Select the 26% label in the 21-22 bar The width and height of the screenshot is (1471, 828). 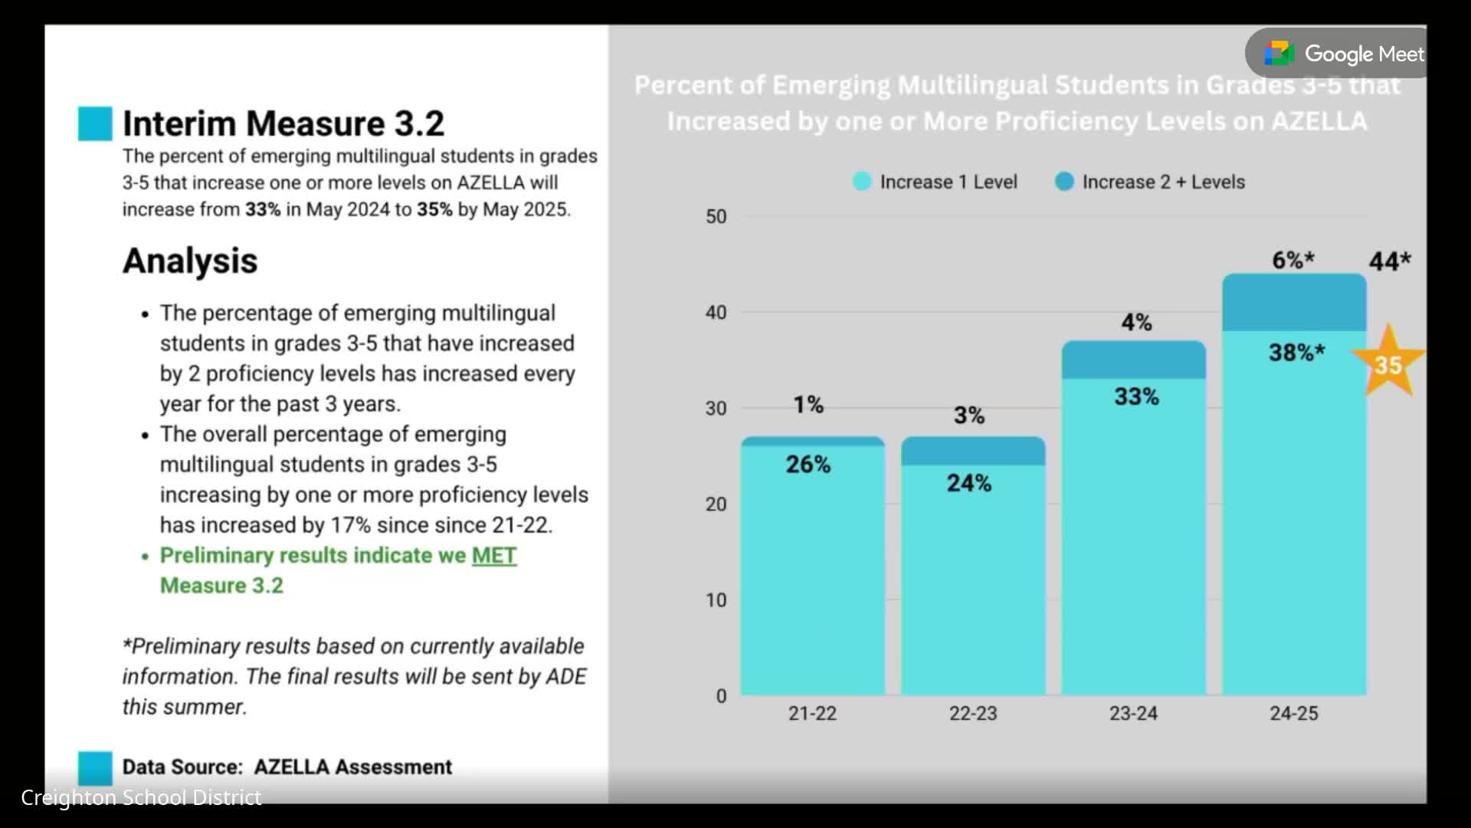(808, 465)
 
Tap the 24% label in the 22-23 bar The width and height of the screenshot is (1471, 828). (968, 483)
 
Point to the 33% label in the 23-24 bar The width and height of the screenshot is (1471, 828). (1136, 397)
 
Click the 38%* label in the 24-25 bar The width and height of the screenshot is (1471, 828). (1296, 353)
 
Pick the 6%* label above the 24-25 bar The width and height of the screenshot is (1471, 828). (1293, 261)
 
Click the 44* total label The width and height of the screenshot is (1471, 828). (1390, 261)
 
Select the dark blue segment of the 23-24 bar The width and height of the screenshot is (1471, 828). (1133, 360)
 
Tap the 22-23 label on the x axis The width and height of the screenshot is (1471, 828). (973, 714)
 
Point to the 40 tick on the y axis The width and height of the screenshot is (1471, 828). (716, 313)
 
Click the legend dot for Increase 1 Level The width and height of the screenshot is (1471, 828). (862, 182)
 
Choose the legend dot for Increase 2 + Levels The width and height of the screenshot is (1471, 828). (1064, 182)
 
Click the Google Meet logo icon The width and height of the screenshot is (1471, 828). (1279, 54)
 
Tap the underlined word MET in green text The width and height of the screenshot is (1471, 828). (494, 556)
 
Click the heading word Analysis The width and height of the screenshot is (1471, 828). (190, 261)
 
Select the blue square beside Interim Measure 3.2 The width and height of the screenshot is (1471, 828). (95, 123)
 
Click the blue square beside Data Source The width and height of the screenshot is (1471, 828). (95, 767)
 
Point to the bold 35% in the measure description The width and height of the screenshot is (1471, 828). (434, 210)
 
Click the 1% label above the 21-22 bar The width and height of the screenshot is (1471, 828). (808, 405)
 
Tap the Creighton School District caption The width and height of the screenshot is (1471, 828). (141, 798)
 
